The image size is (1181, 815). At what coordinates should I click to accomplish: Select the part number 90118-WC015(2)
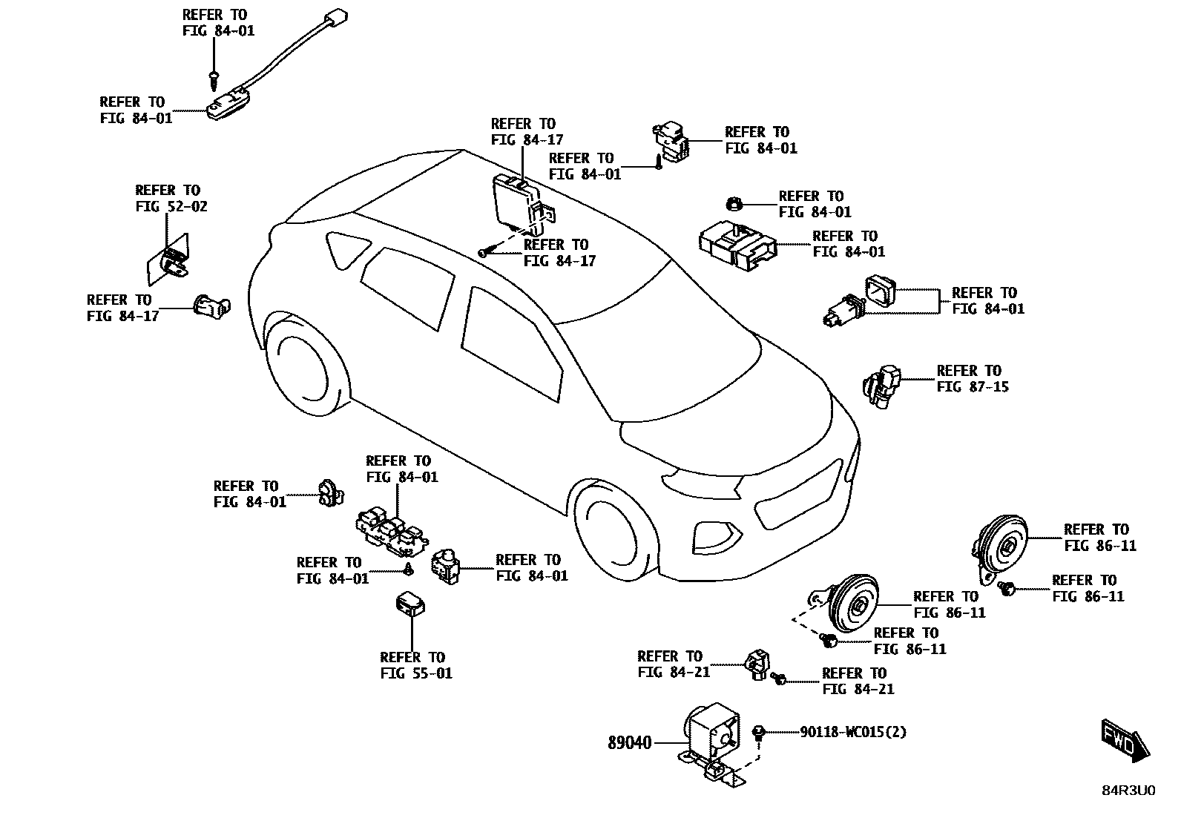(853, 733)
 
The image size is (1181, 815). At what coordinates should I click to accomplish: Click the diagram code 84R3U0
(1128, 791)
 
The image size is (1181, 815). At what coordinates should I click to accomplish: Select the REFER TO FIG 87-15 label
(972, 378)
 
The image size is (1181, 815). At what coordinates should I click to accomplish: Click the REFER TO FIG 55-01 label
(413, 665)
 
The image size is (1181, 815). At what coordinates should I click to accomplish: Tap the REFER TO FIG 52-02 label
(171, 198)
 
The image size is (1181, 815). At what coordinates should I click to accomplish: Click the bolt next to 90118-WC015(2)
(759, 733)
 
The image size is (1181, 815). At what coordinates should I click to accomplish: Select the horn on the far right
(1001, 547)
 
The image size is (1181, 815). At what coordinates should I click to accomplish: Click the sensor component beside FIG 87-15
(881, 384)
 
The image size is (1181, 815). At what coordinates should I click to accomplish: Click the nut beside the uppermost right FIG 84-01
(733, 202)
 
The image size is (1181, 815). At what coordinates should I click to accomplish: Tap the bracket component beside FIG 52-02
(168, 262)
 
